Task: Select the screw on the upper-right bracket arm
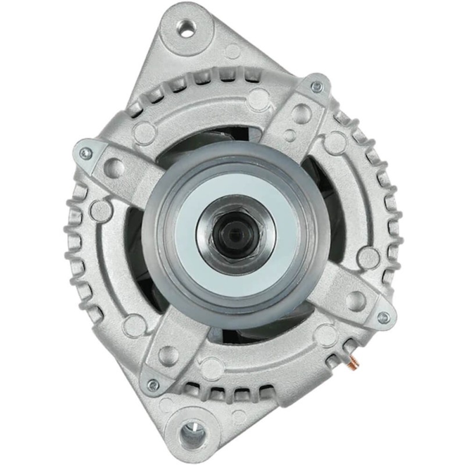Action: click(317, 87)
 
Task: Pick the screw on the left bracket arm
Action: click(86, 153)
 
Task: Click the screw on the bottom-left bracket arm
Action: click(153, 385)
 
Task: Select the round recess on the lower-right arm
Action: click(355, 299)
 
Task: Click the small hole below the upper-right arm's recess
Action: click(290, 136)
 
